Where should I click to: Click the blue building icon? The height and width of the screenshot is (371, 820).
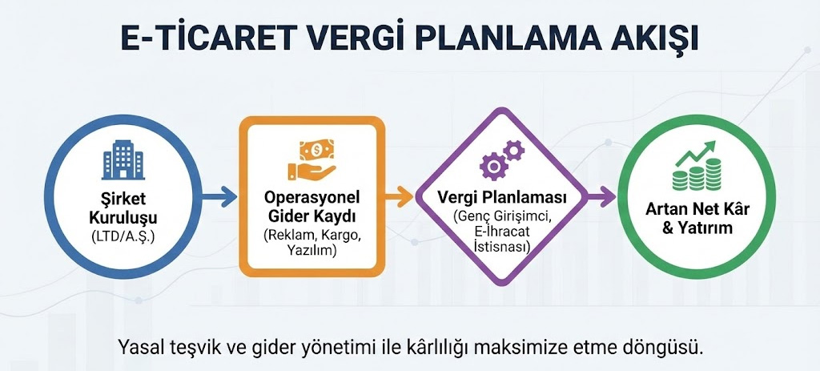(121, 160)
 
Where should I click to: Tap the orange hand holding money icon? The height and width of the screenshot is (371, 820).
(312, 159)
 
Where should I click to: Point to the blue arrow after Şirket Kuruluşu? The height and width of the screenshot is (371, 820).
(219, 195)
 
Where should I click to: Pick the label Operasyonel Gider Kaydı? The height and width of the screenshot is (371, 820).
(312, 207)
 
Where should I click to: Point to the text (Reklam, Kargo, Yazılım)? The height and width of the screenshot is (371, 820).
(312, 243)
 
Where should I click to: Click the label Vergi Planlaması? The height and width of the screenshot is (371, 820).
(503, 197)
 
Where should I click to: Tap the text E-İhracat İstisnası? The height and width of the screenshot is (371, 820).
(503, 239)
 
